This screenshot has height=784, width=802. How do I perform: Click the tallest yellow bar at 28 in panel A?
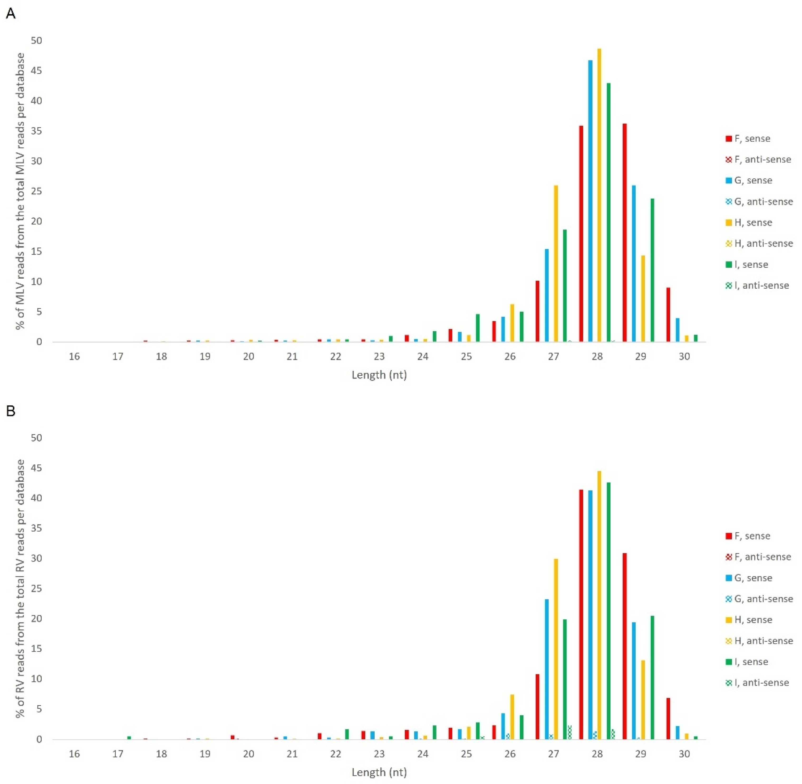point(599,195)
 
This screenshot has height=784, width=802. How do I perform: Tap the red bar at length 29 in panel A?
point(625,233)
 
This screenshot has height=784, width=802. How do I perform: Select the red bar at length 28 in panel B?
point(581,614)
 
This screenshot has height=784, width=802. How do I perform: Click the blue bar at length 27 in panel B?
point(547,669)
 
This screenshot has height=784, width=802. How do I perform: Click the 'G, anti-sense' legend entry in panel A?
point(759,201)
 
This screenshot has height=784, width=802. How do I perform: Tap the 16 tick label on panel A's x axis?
point(74,356)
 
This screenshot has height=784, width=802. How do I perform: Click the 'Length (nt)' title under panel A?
point(379,375)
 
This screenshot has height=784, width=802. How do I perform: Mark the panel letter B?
point(11,411)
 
